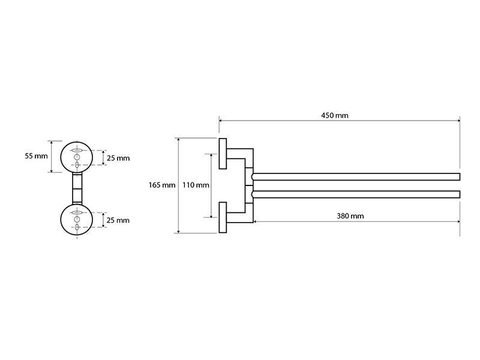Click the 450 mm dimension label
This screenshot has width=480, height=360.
click(335, 115)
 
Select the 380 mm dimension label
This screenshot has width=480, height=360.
click(350, 216)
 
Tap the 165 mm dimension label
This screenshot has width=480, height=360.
click(162, 185)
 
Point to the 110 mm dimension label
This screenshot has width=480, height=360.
click(196, 185)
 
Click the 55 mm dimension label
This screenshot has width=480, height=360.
click(36, 156)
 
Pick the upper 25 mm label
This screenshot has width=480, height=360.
click(118, 158)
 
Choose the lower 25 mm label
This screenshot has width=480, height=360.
click(118, 220)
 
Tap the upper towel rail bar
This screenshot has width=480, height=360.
click(356, 176)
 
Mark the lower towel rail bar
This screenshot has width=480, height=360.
click(356, 194)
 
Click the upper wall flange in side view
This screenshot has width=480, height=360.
click(223, 154)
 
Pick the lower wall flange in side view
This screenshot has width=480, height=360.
click(223, 217)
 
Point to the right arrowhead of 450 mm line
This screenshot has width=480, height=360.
click(458, 121)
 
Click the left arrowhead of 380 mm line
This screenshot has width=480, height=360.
click(256, 221)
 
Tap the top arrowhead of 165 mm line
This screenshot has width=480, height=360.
click(178, 140)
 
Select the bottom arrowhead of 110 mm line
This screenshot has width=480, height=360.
click(211, 215)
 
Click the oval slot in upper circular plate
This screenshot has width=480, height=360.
click(77, 151)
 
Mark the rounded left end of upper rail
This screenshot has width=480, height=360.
click(253, 176)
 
